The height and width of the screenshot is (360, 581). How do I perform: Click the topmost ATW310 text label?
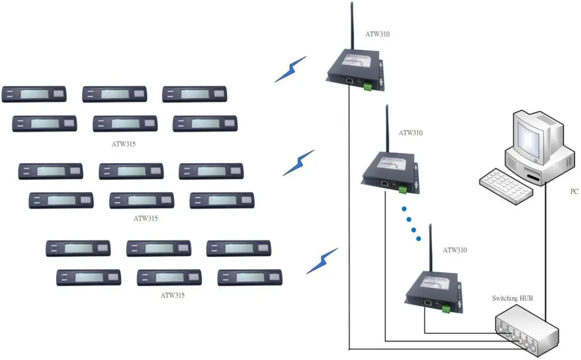pyautogui.click(x=378, y=34)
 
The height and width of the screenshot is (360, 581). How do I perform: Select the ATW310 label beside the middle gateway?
pyautogui.click(x=411, y=133)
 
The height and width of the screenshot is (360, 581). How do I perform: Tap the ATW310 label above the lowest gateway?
pyautogui.click(x=455, y=250)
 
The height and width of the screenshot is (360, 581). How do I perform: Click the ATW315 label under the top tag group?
pyautogui.click(x=124, y=144)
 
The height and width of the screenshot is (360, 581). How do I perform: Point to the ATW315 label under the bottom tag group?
pyautogui.click(x=173, y=295)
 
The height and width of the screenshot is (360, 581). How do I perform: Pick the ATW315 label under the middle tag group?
pyautogui.click(x=146, y=218)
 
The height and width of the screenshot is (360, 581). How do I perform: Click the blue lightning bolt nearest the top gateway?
pyautogui.click(x=290, y=69)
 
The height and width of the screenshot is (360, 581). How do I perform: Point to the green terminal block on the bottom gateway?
pyautogui.click(x=446, y=309)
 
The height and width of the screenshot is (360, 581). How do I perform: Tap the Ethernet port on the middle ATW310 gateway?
pyautogui.click(x=385, y=182)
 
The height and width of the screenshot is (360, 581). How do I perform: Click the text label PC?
pyautogui.click(x=574, y=191)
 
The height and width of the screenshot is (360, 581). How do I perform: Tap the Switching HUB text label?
pyautogui.click(x=512, y=298)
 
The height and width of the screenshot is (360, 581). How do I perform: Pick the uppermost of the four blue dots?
pyautogui.click(x=404, y=209)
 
